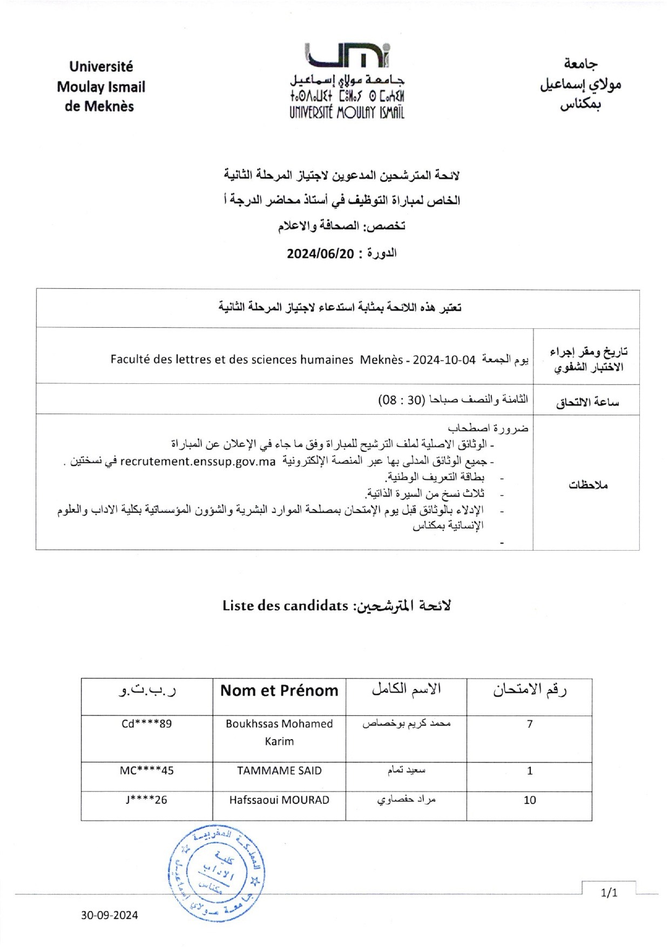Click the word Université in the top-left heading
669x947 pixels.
coord(101,67)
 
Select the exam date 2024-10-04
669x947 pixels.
coord(444,360)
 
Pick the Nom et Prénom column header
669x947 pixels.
coord(279,691)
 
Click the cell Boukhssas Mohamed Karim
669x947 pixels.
coord(279,732)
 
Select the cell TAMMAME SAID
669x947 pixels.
coord(279,771)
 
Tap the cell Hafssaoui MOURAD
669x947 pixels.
coord(279,800)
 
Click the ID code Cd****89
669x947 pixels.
coord(147,724)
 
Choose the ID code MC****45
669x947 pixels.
coord(147,771)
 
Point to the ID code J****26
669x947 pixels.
coord(147,800)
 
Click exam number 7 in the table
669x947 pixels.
coord(530,724)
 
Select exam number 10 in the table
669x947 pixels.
coord(530,800)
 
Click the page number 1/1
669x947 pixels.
coord(609,893)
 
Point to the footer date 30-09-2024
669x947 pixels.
coord(110,915)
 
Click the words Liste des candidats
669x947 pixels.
coord(285,606)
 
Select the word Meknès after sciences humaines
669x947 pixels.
coord(382,360)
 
